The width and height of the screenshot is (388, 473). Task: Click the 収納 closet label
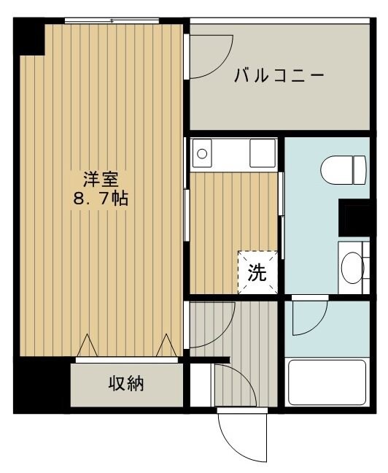[x=126, y=383]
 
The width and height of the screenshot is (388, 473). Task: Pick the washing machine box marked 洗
[x=258, y=272]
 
